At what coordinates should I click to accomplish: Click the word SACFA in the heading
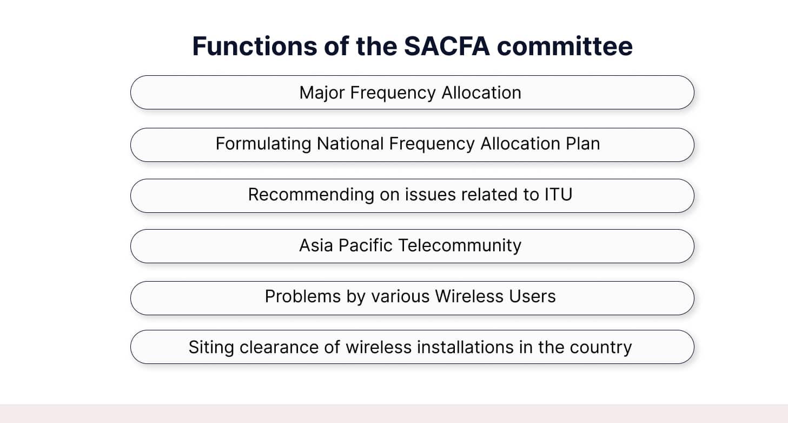click(447, 46)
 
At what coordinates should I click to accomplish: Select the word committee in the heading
click(565, 46)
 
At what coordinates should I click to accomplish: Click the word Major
click(322, 93)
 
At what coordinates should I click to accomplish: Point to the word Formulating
click(263, 144)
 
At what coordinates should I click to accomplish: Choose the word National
click(350, 144)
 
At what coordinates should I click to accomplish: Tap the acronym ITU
click(558, 194)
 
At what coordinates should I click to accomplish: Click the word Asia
click(316, 245)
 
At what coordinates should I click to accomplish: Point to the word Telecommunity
click(460, 245)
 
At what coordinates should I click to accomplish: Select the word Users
click(533, 296)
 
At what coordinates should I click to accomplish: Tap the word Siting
click(211, 347)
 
